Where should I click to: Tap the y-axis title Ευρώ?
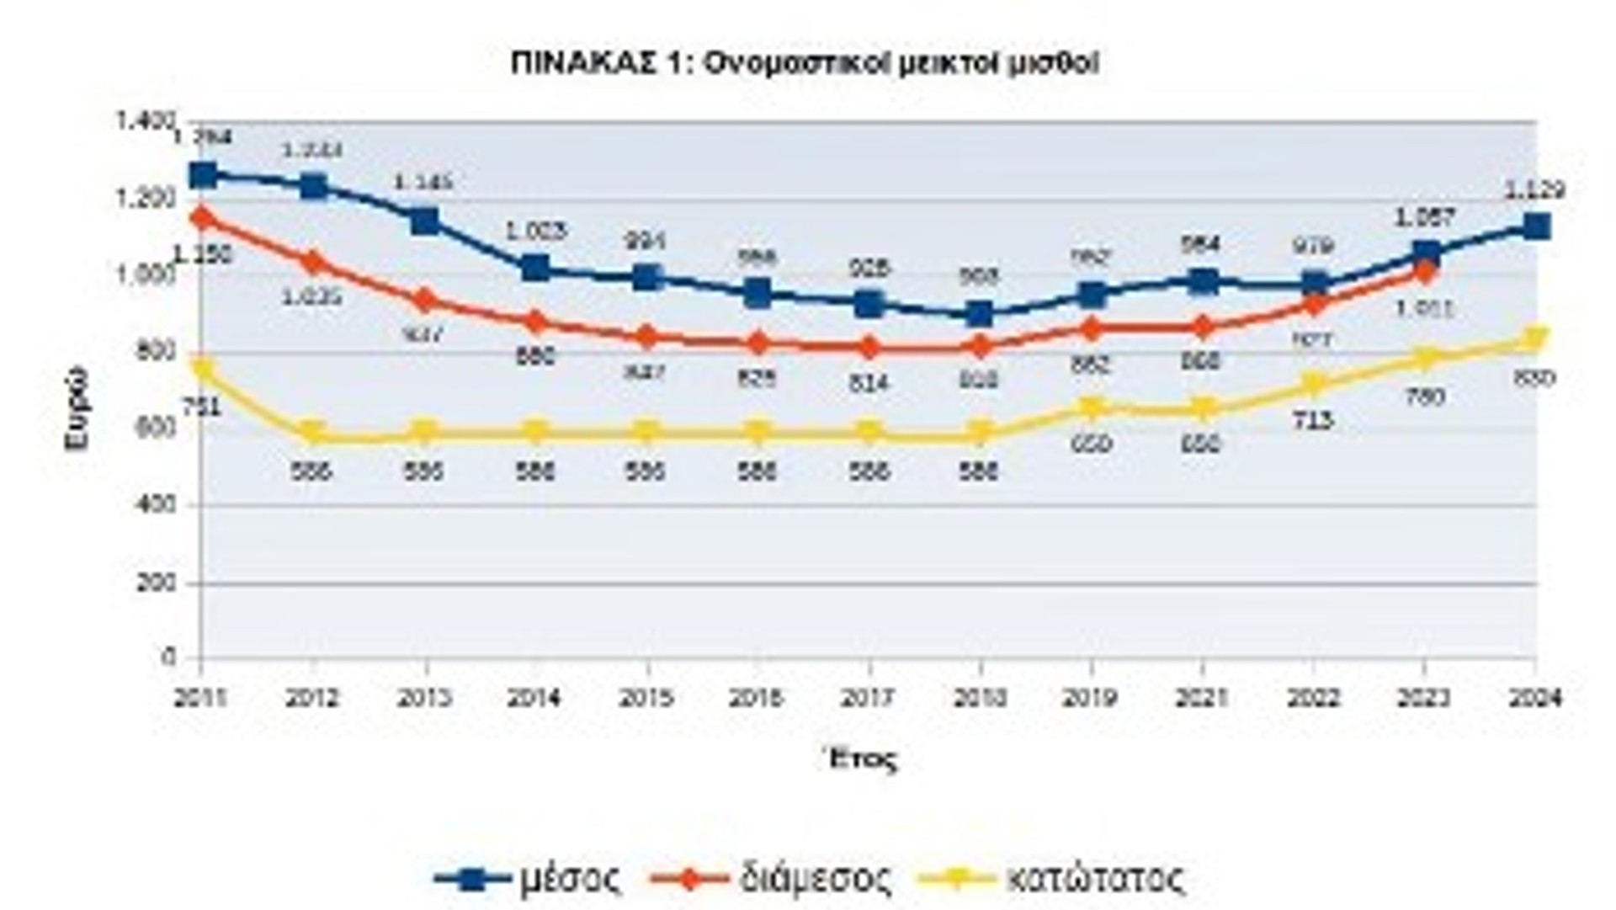(x=77, y=408)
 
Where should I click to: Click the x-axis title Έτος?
(x=860, y=759)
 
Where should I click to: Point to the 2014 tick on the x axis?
(x=535, y=698)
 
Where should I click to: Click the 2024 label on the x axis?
(x=1535, y=698)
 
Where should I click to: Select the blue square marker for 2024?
(x=1536, y=226)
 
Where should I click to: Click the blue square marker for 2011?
(x=203, y=175)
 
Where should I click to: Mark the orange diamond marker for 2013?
(x=425, y=300)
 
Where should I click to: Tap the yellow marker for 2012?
(x=313, y=434)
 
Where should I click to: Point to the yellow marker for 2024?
(x=1536, y=339)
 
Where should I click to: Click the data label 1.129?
(x=1534, y=190)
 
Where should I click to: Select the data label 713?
(x=1312, y=420)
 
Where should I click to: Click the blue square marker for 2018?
(x=979, y=315)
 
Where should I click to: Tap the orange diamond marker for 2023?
(x=1424, y=271)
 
